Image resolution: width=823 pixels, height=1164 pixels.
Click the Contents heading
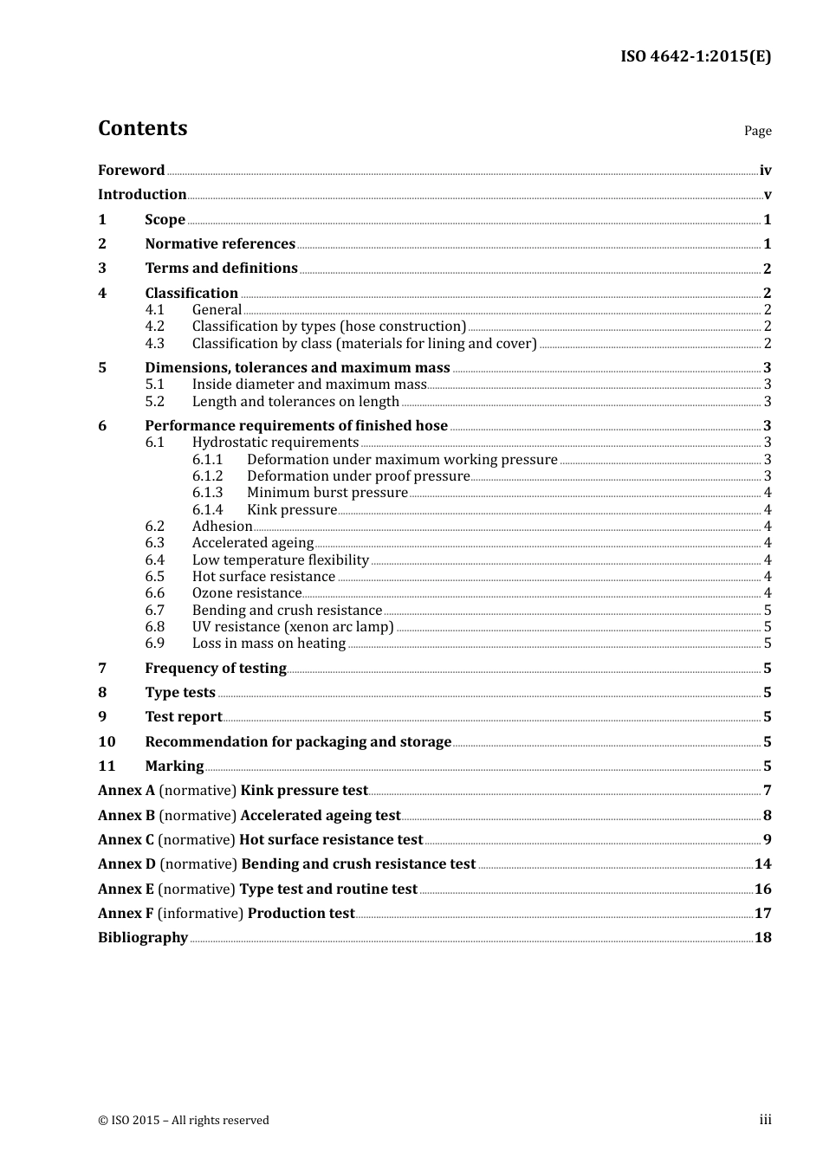[142, 128]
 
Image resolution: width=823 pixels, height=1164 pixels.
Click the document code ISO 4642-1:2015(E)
[696, 57]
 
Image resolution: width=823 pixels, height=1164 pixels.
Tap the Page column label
[757, 131]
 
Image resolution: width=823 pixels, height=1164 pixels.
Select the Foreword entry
[131, 171]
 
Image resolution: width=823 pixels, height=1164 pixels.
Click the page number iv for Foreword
[765, 171]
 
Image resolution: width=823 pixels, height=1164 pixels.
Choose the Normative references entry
[220, 244]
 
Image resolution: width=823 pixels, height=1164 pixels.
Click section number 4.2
[154, 327]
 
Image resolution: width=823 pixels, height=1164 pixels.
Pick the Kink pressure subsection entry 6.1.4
[291, 510]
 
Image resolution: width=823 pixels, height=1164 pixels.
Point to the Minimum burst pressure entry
[327, 493]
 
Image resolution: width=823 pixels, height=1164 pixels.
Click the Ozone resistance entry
[247, 593]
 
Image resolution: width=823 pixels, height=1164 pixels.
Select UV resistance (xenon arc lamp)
[293, 627]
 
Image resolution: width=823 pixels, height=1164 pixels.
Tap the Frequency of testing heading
[216, 669]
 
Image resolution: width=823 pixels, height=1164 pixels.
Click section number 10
[107, 742]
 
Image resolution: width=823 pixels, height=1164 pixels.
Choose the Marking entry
[174, 766]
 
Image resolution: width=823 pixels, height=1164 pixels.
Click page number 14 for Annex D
[762, 864]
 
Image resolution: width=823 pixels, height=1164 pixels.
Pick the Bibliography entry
[143, 938]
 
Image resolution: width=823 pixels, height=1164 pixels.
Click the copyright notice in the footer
[184, 1121]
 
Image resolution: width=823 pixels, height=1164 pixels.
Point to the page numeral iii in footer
[765, 1120]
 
